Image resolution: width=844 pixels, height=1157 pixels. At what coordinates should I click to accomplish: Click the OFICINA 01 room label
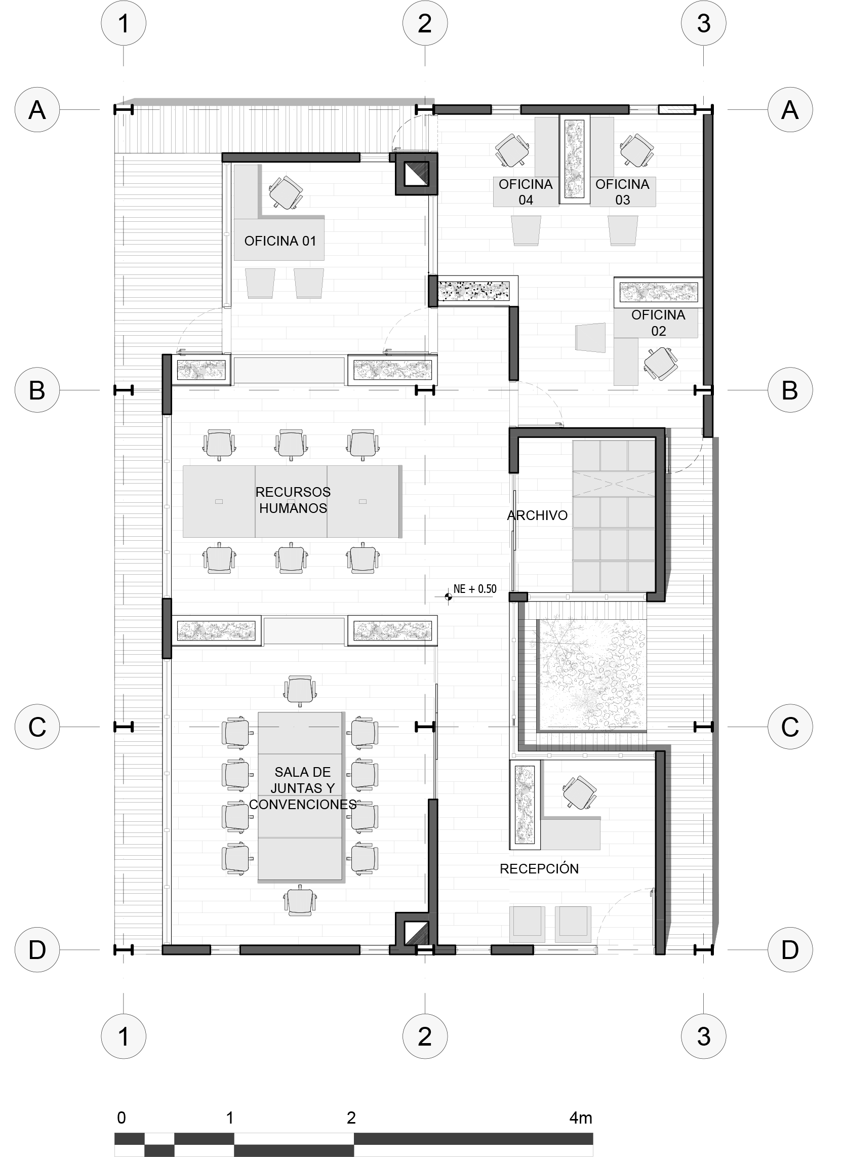[280, 241]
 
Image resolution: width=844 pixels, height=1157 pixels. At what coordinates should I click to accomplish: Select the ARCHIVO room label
[537, 515]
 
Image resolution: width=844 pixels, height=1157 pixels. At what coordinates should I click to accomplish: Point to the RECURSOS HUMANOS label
[293, 500]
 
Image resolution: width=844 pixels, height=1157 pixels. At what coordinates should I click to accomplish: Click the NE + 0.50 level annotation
[474, 589]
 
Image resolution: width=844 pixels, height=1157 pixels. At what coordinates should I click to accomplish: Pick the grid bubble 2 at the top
[425, 23]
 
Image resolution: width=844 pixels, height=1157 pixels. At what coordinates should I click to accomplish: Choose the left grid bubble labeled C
[37, 727]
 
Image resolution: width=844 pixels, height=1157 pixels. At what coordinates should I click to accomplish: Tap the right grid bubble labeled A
[790, 110]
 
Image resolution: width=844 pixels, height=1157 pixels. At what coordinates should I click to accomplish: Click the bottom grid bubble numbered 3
[704, 1036]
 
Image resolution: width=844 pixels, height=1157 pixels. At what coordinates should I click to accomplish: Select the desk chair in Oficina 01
[286, 192]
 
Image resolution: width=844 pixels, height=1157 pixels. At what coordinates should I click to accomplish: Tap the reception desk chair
[579, 793]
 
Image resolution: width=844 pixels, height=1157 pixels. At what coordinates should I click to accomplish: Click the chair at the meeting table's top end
[300, 690]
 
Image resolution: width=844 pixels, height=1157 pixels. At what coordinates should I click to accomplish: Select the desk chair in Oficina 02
[661, 363]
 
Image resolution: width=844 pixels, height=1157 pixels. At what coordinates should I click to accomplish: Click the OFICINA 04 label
[526, 192]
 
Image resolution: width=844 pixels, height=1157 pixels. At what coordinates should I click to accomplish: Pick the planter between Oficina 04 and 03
[575, 159]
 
